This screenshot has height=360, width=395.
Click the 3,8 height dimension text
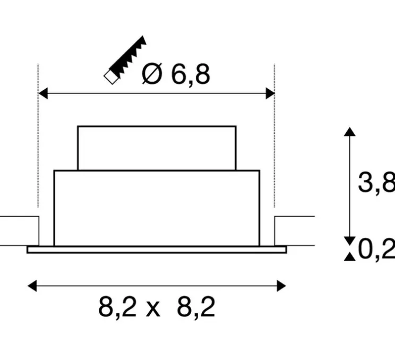376,183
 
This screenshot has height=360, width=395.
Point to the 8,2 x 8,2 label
157,307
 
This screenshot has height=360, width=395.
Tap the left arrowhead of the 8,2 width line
32,286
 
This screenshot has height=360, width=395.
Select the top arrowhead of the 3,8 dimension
349,132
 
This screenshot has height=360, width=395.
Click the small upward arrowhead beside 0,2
349,257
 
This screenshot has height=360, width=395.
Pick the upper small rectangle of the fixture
157,148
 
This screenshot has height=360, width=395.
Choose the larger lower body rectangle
157,208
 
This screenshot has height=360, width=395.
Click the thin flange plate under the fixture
157,250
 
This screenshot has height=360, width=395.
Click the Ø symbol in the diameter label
152,75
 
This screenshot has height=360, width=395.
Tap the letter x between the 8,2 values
152,308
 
